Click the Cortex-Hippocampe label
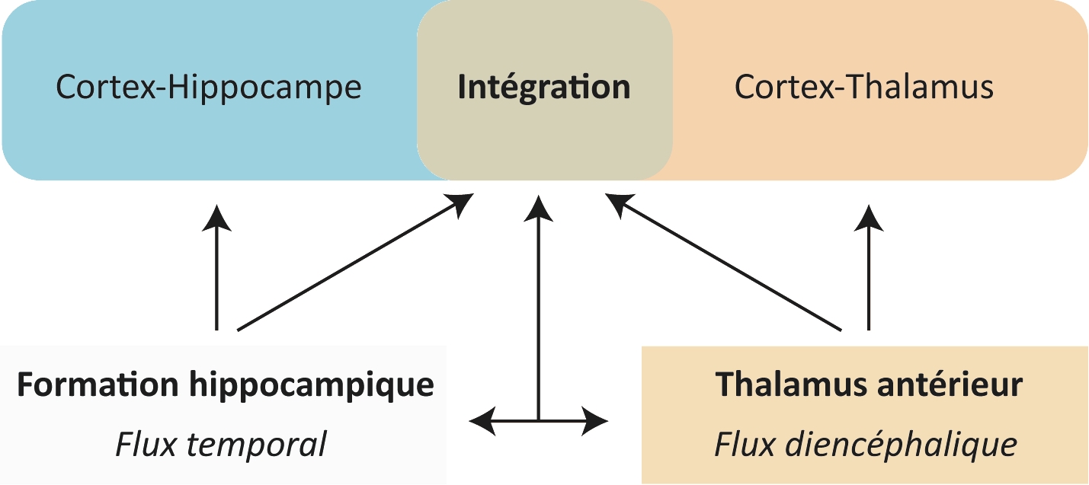209,88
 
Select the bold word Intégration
544,88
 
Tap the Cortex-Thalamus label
864,88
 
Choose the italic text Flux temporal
221,444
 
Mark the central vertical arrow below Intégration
539,305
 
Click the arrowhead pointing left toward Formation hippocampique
483,420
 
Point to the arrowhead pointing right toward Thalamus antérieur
596,420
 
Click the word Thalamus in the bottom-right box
786,385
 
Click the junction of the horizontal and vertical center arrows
539,420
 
